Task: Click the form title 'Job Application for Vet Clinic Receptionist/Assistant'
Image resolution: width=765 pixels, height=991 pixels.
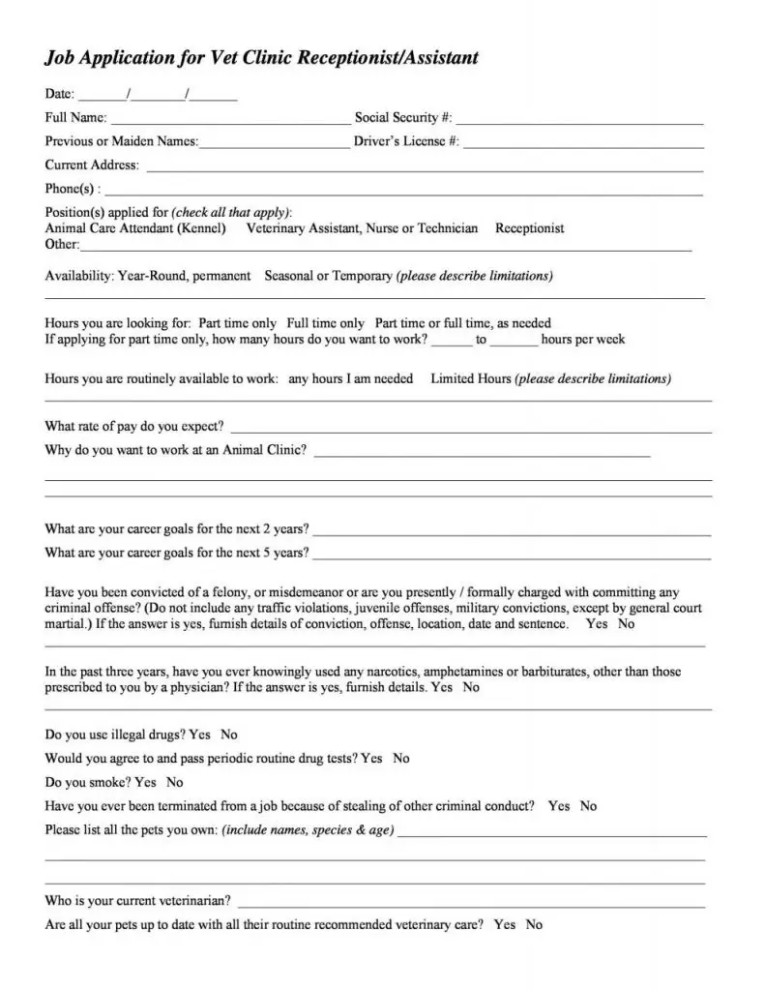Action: (261, 58)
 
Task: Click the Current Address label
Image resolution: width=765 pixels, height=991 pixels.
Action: (92, 165)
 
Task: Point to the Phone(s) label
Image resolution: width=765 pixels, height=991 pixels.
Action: (71, 189)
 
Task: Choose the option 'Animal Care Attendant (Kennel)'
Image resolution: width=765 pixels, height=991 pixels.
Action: (135, 229)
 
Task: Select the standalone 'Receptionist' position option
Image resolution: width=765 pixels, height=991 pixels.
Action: (529, 229)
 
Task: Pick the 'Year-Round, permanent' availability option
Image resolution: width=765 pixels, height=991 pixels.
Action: (184, 276)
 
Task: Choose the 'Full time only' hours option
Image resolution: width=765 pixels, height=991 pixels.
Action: (325, 323)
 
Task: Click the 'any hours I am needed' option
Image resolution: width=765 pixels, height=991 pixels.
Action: (350, 378)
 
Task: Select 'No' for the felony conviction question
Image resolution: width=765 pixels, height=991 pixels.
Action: (626, 624)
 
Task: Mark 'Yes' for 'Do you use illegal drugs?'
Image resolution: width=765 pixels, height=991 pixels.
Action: (200, 735)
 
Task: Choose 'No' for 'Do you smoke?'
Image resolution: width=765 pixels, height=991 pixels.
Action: (174, 782)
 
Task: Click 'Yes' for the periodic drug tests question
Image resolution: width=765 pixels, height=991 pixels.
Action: (371, 758)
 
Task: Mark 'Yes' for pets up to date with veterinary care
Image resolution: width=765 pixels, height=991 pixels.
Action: (504, 924)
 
